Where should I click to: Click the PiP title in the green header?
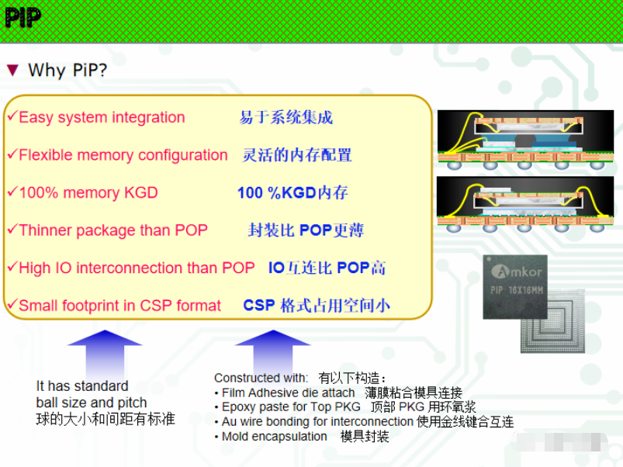click(x=23, y=18)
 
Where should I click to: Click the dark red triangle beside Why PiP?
click(x=12, y=71)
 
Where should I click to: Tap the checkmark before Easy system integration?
click(x=12, y=116)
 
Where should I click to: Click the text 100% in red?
click(x=39, y=192)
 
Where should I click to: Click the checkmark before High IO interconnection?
click(x=12, y=266)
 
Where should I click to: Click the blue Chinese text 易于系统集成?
click(x=286, y=118)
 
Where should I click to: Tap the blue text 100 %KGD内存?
click(x=292, y=192)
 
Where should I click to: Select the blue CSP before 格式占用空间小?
click(x=259, y=306)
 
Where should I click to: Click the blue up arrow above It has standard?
click(x=105, y=355)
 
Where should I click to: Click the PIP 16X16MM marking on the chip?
click(x=517, y=290)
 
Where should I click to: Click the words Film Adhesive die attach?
click(x=288, y=393)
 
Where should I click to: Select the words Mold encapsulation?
click(x=274, y=436)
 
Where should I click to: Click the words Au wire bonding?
click(x=267, y=421)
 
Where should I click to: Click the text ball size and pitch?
click(x=92, y=403)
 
